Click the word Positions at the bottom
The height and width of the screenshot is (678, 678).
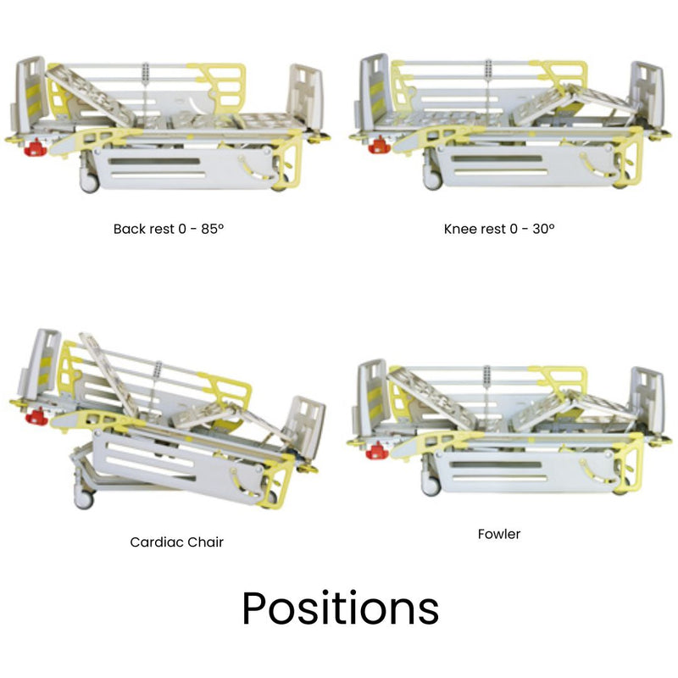pos(340,609)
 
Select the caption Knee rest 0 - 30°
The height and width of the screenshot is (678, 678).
pos(499,229)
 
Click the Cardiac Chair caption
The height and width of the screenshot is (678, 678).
pos(176,542)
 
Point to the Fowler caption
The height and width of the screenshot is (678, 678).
pos(499,534)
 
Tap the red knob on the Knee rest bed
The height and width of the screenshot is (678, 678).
pos(378,146)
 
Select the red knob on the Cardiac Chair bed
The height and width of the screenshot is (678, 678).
pos(36,416)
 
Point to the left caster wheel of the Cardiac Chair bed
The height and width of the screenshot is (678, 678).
pos(83,499)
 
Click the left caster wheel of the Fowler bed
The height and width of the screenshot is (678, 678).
pos(431,485)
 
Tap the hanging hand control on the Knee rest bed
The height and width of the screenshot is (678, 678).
pos(489,71)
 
